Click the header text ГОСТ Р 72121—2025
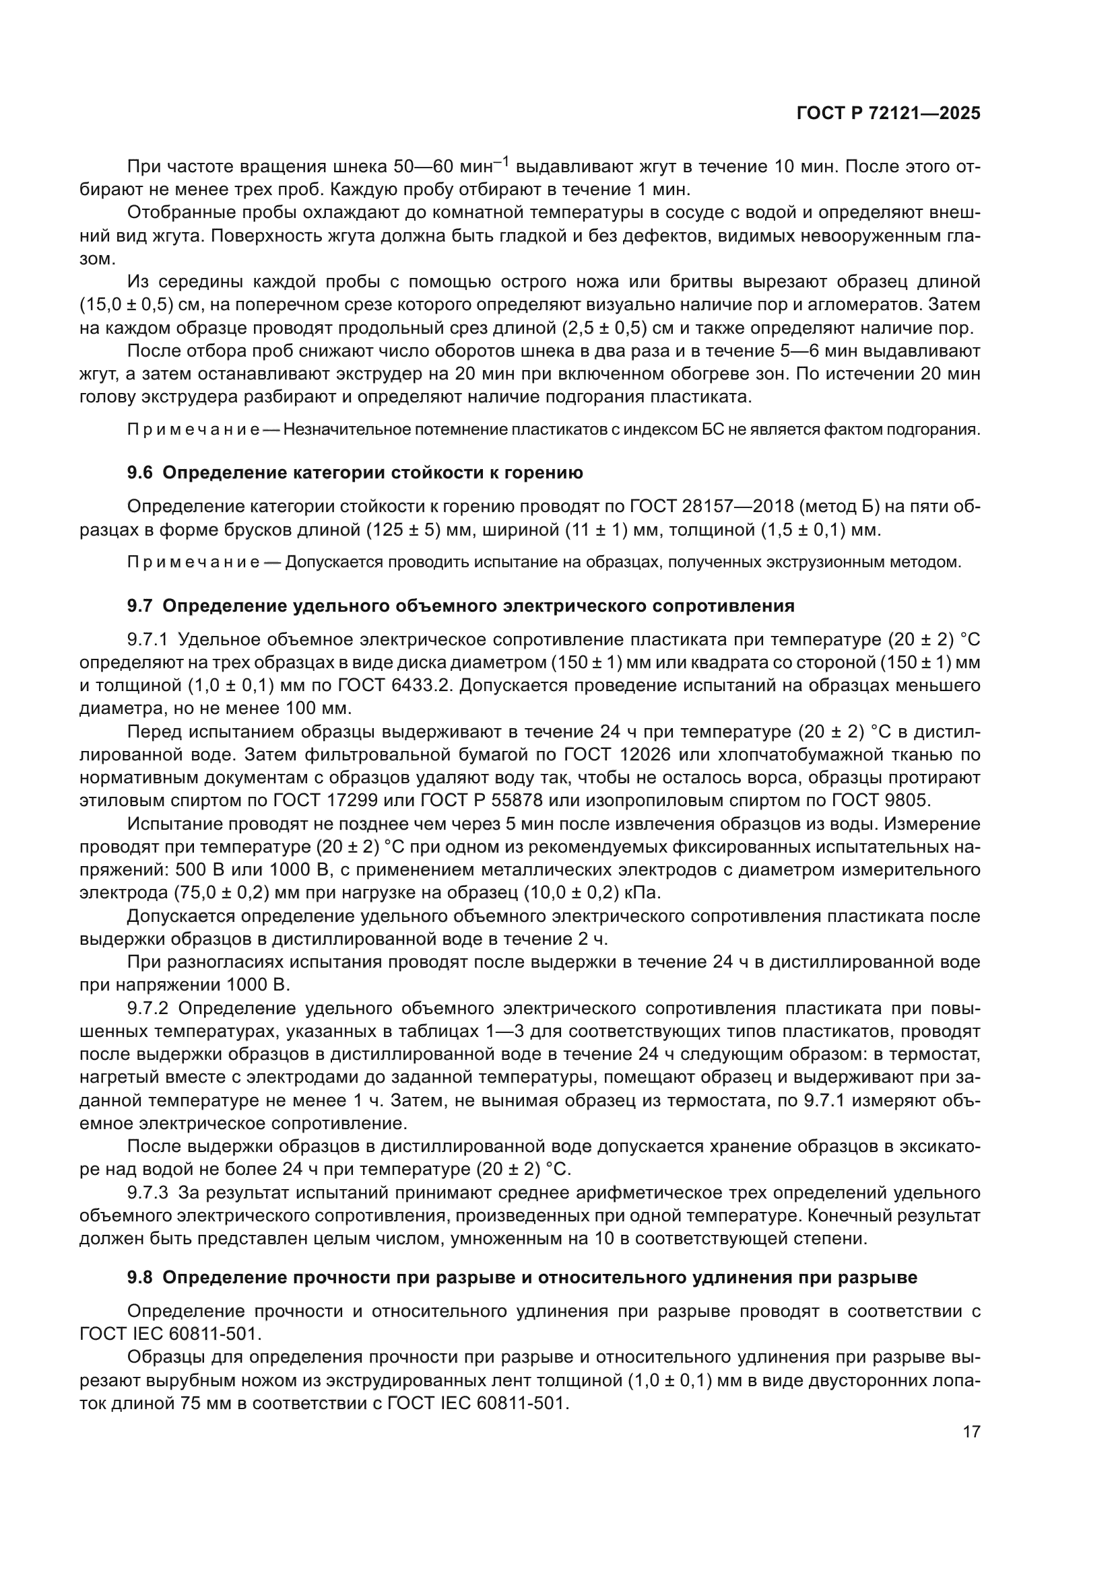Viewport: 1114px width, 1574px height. pyautogui.click(x=888, y=114)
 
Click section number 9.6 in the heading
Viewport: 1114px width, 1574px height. pyautogui.click(x=141, y=473)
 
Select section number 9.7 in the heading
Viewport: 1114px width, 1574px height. pyautogui.click(x=141, y=606)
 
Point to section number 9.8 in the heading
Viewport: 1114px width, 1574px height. pyautogui.click(x=141, y=1278)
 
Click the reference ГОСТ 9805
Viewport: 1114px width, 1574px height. pyautogui.click(x=886, y=801)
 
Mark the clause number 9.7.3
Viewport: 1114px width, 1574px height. pyautogui.click(x=148, y=1193)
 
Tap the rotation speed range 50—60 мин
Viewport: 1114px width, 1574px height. pyautogui.click(x=447, y=167)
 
